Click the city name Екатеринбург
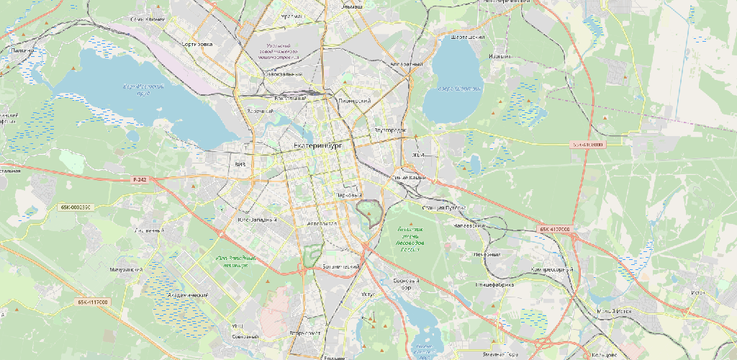[316, 145]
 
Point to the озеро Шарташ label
[460, 89]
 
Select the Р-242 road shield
[140, 179]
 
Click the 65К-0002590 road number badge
[75, 207]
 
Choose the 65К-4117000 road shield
[93, 302]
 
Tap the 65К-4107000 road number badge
[553, 230]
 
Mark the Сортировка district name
[198, 44]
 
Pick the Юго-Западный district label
[257, 219]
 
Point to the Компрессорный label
[553, 269]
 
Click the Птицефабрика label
[495, 284]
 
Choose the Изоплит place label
[499, 56]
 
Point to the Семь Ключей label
[148, 19]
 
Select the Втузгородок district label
[391, 130]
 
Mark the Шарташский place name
[466, 37]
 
